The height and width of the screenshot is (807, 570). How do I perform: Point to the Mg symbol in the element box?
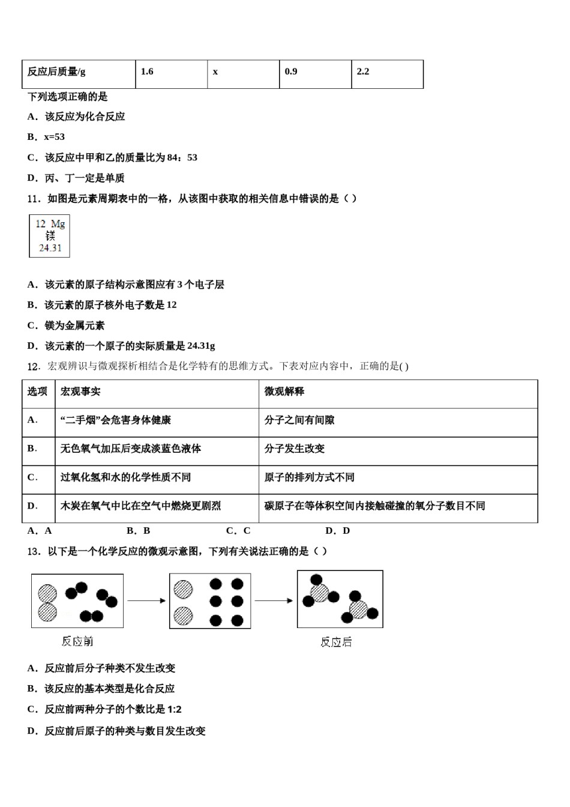pos(58,224)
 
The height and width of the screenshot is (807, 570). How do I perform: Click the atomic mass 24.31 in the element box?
pos(50,247)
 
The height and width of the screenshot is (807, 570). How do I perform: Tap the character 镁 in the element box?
pos(50,235)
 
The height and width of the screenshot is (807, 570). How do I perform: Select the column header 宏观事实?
pos(80,391)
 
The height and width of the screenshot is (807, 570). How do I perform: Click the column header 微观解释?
pos(284,391)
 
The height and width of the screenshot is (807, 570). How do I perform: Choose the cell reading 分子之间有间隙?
pos(299,420)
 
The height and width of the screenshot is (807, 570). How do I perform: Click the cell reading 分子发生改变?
pos(295,449)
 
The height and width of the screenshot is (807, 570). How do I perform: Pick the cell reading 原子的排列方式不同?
pos(310,477)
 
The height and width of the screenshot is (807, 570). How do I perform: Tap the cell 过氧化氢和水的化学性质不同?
pos(125,477)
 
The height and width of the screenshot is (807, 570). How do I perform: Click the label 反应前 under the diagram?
pos(77,641)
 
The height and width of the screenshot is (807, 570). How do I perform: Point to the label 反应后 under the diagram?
pos(336,642)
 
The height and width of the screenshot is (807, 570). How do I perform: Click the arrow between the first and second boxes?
pos(146,600)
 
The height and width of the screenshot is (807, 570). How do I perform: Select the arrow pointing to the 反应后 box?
pos(274,600)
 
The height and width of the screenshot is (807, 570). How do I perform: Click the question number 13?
pos(34,551)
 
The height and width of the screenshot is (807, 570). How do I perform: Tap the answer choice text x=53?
pos(54,137)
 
